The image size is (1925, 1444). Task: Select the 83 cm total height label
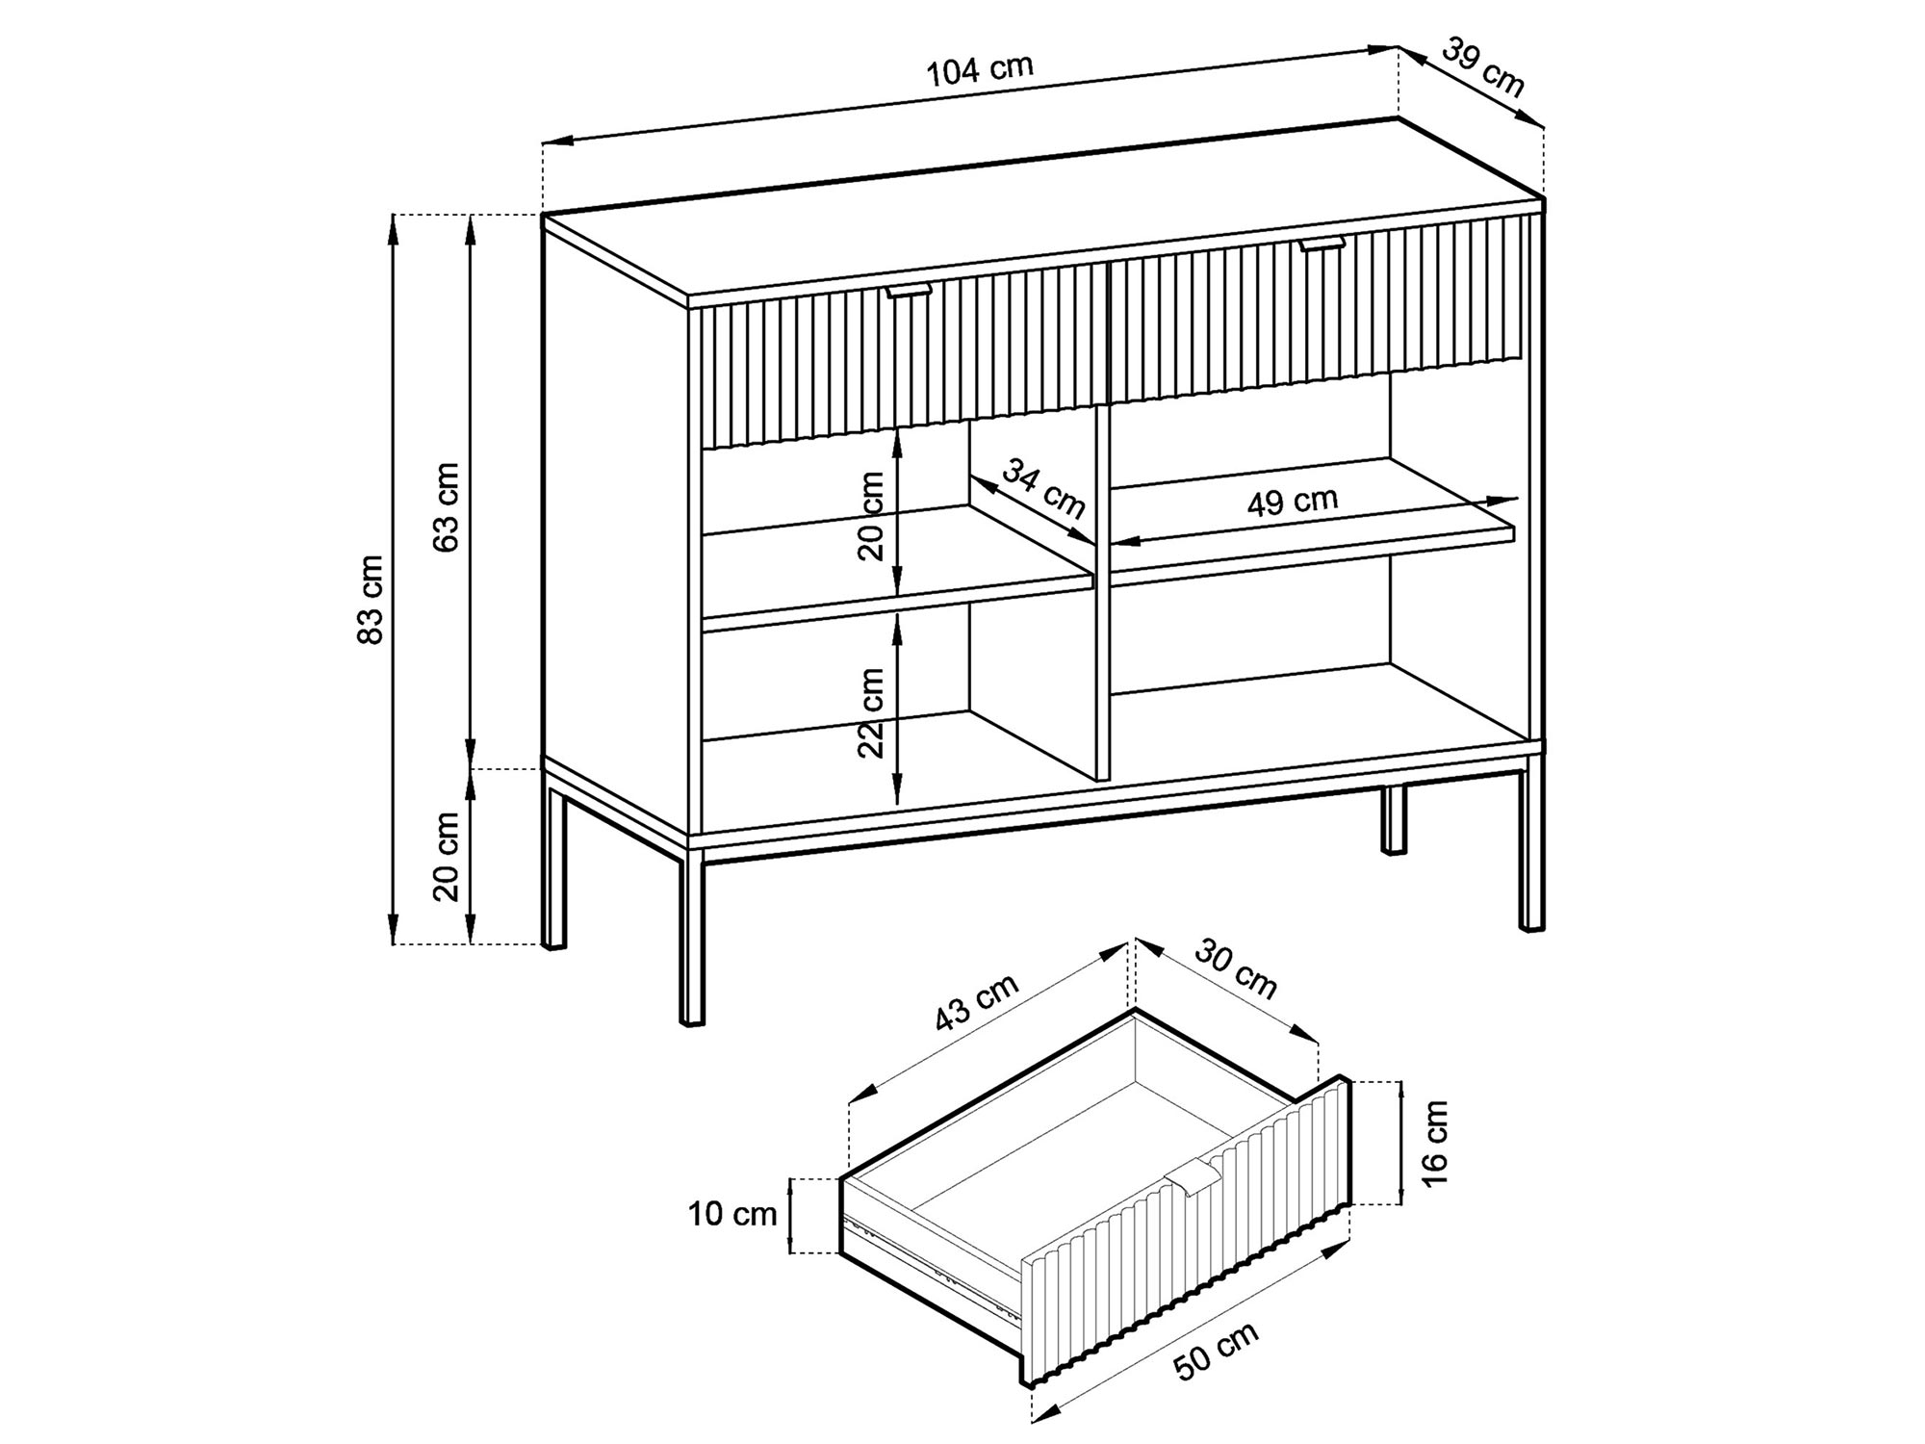(371, 599)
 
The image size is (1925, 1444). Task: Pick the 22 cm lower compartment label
(871, 713)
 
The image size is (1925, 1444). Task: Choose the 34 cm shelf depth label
(1043, 487)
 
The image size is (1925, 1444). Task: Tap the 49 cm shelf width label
(1293, 502)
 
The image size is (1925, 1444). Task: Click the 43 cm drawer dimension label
(976, 1003)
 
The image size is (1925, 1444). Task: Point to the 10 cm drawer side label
(731, 1215)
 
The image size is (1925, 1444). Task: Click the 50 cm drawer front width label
(1217, 1353)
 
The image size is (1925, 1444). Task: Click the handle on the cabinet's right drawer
(1322, 245)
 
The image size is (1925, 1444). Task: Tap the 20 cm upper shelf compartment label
(871, 515)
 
